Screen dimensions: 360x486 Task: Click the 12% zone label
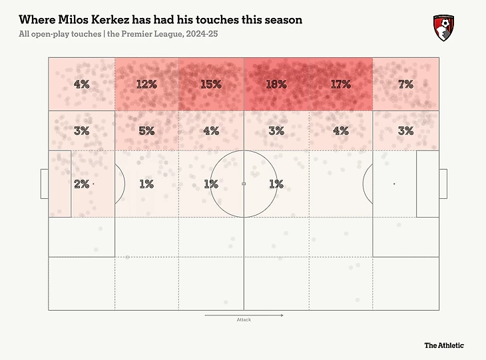[146, 85]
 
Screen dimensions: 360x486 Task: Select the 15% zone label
[211, 85]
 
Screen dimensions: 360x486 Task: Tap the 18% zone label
[276, 85]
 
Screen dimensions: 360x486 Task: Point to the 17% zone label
[340, 85]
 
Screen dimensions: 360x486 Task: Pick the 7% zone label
[405, 85]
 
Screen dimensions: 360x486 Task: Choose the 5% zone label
[146, 131]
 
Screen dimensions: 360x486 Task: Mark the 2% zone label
[81, 184]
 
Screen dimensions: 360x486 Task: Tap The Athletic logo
[444, 345]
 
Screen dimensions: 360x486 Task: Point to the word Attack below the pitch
[244, 320]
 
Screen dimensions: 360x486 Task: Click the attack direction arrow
[244, 314]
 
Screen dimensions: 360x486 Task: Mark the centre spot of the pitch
[244, 184]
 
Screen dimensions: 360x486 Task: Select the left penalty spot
[93, 184]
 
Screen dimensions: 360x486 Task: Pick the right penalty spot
[394, 184]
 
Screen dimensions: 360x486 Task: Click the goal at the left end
[44, 184]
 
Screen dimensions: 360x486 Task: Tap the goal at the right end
[443, 184]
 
